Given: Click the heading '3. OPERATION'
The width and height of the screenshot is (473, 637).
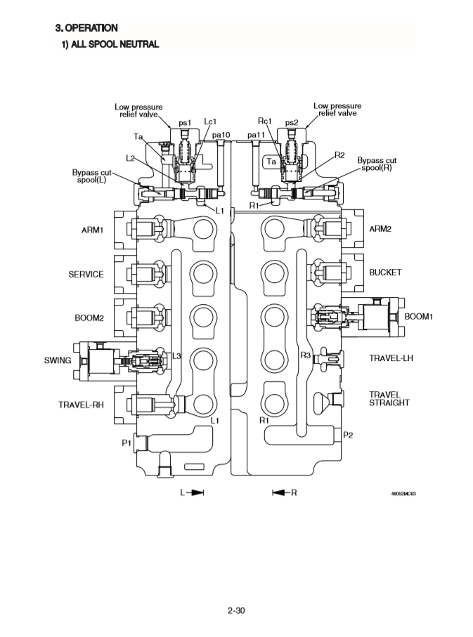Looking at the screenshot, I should (86, 27).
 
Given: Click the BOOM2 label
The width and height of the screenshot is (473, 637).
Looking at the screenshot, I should (89, 317).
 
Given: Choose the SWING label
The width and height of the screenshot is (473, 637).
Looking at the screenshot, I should (58, 360).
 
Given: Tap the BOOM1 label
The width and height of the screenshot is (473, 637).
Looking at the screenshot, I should (419, 317).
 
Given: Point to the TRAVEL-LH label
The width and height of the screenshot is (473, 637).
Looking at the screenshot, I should (391, 358).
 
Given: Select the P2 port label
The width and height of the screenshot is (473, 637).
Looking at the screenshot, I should (347, 435).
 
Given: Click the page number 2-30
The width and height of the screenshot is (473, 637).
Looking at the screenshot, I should (236, 610).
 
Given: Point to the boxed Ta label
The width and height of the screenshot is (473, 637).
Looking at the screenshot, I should (271, 162).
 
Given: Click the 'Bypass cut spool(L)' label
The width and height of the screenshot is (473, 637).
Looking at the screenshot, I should (90, 176).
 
